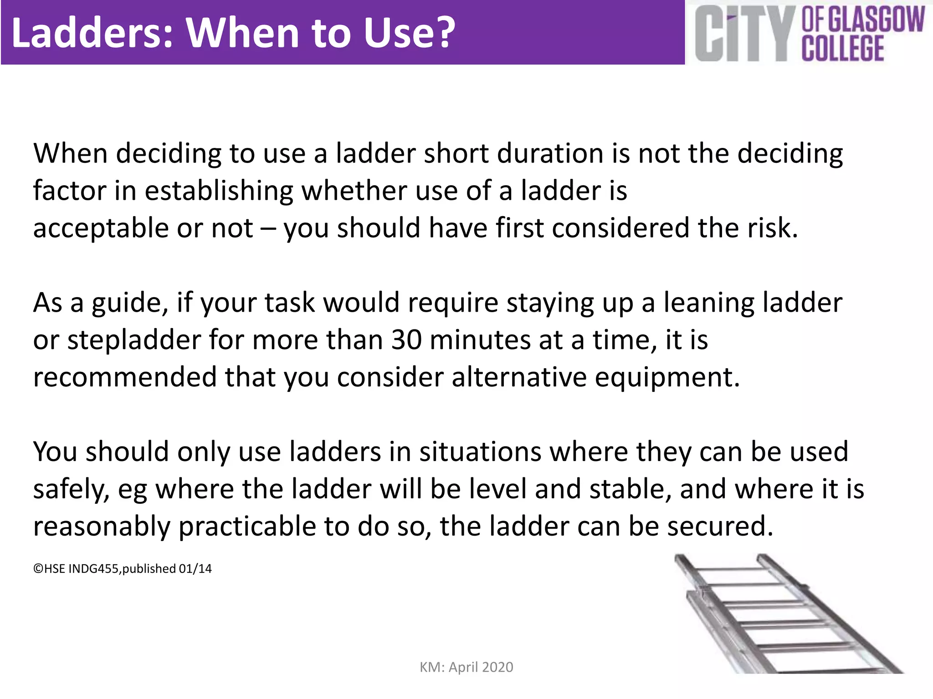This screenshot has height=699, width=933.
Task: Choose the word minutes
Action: [x=480, y=340]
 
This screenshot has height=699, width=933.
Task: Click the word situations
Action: [x=480, y=452]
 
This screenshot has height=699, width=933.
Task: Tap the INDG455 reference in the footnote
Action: [x=93, y=569]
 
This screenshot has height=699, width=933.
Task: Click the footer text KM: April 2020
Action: [x=466, y=667]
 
